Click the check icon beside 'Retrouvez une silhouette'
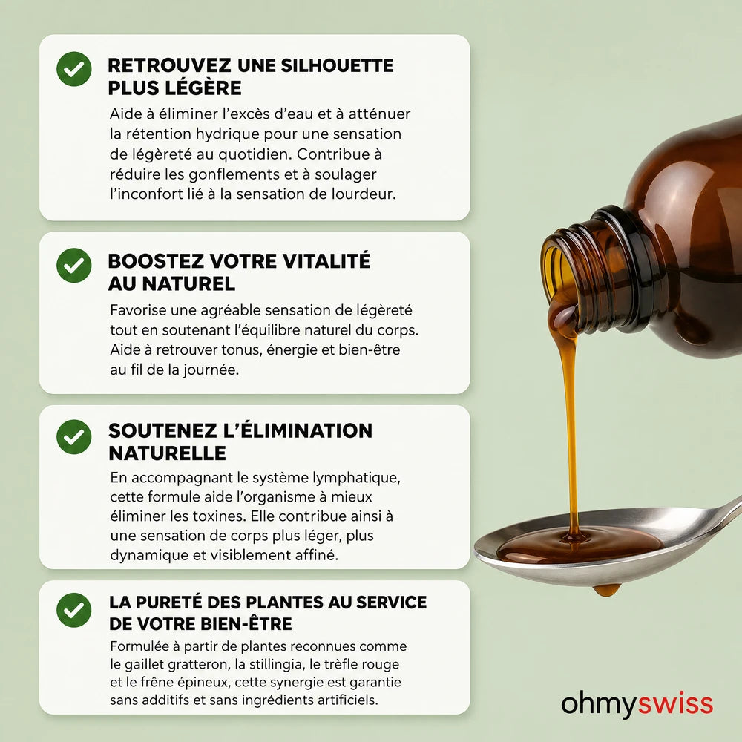[73, 68]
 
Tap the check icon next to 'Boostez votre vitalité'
[73, 265]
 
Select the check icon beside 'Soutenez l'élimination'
[73, 437]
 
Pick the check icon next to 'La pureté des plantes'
[73, 610]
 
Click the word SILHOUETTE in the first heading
[337, 65]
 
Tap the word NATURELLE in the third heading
[167, 453]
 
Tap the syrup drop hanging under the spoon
[607, 590]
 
